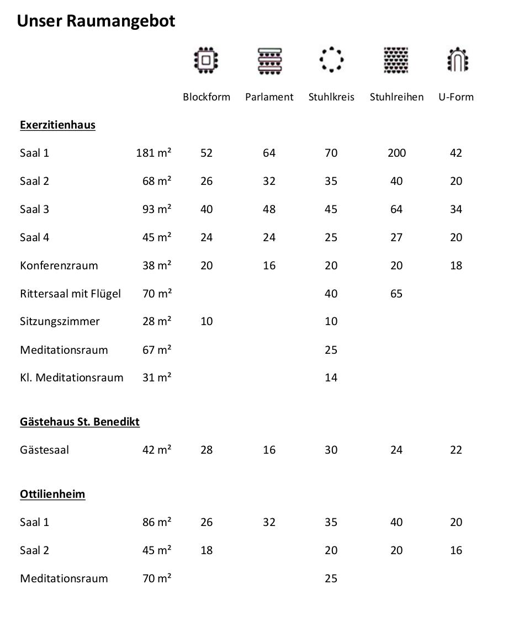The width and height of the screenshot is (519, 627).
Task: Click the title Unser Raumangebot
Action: [x=96, y=21]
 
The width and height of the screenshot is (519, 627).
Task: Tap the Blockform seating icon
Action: [x=206, y=60]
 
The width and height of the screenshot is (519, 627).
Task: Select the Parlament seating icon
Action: [x=269, y=60]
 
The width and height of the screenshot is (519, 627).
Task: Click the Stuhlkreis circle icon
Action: [x=331, y=59]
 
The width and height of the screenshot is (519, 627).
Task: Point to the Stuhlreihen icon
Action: [x=396, y=60]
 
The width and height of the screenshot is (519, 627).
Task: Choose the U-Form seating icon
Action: [x=457, y=60]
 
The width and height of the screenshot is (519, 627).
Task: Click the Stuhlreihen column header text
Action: [x=396, y=97]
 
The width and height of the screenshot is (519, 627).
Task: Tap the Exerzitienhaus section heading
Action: [x=57, y=125]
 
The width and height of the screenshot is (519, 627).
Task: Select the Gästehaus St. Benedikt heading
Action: [x=80, y=422]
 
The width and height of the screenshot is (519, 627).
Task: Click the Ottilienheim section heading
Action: [x=52, y=494]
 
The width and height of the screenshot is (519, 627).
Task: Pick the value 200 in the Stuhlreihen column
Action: [x=396, y=153]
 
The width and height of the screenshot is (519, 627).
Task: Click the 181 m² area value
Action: [x=153, y=153]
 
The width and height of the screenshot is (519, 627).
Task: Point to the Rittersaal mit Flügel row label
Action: [x=70, y=294]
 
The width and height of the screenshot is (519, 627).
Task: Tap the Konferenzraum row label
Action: [x=59, y=265]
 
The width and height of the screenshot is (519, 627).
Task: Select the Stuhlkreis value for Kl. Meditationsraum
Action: [x=331, y=378]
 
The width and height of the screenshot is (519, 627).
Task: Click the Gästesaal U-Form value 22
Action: [x=456, y=450]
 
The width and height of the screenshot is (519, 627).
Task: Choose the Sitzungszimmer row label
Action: [x=60, y=322]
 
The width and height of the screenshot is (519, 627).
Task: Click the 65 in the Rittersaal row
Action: [x=396, y=294]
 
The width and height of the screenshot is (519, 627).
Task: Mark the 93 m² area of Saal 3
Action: [x=157, y=209]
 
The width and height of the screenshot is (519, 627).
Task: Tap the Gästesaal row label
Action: [x=44, y=450]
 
